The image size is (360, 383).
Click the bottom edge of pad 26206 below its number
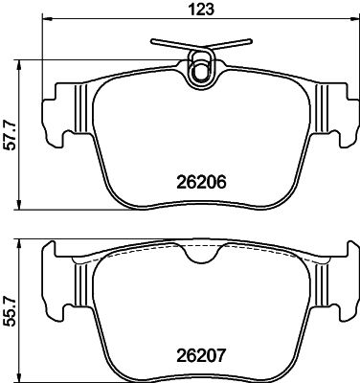click(x=200, y=210)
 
